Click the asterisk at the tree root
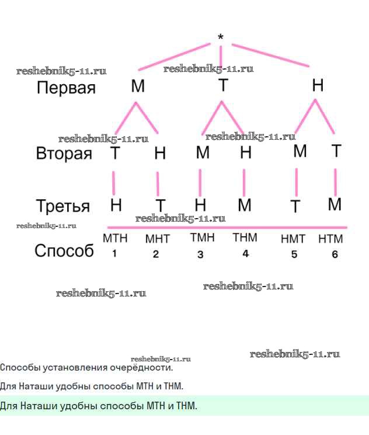point(221,36)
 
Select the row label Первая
point(66,87)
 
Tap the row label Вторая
point(64,153)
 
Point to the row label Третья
point(63,206)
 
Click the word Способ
point(64,250)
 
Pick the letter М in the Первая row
point(138,86)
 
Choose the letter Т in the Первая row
point(223,85)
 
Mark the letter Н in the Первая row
point(318,85)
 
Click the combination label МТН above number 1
point(115,239)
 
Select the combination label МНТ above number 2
point(158,239)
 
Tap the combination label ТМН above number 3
point(202,237)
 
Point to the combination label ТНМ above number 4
point(245,237)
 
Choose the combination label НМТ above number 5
point(293,239)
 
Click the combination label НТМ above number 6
point(330,239)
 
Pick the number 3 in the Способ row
point(200,254)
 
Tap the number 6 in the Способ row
point(335,254)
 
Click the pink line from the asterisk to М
point(174,57)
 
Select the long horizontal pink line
point(227,227)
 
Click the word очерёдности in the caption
point(141,368)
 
